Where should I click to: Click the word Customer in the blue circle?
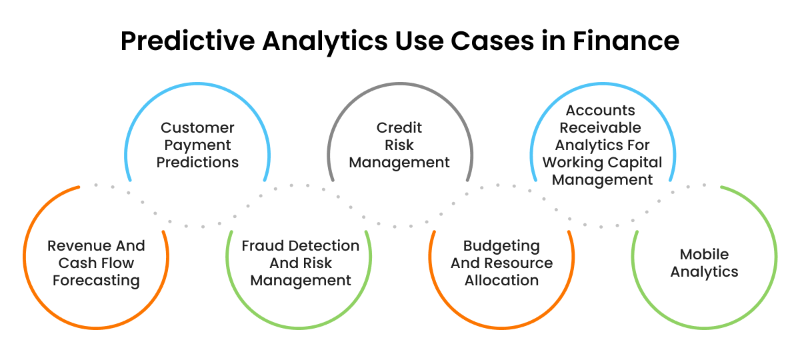(197, 127)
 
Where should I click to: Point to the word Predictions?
(197, 162)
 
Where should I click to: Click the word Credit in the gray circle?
(399, 127)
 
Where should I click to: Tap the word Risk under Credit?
(399, 145)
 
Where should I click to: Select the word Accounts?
(601, 110)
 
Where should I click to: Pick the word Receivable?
(601, 127)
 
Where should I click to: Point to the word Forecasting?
(96, 281)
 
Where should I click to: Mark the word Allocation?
(501, 281)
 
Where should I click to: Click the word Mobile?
(704, 255)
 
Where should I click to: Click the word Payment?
(197, 145)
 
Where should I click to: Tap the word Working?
(572, 162)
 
